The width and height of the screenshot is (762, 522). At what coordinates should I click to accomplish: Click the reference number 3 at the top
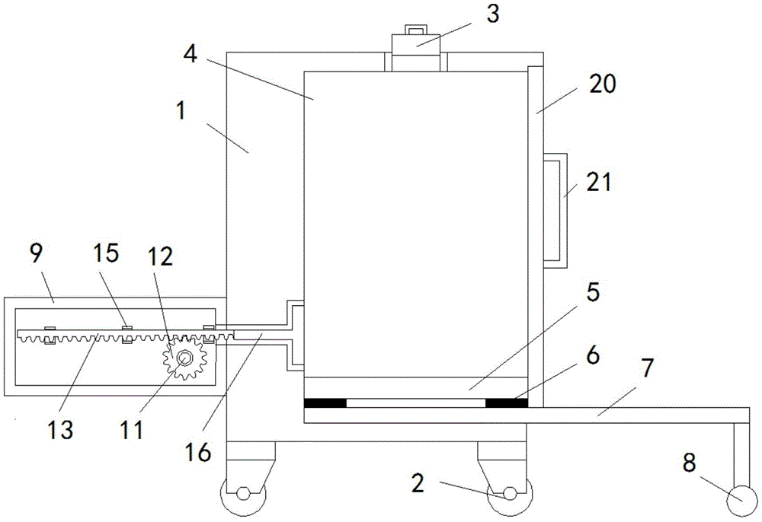coord(493,14)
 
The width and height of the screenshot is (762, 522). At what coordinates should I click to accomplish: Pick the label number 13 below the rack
coord(60,430)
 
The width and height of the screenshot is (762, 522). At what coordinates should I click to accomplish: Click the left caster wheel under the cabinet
coord(242,495)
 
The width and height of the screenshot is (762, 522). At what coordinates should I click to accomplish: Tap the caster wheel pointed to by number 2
coord(504,495)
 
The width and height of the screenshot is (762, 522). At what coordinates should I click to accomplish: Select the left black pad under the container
coord(324,403)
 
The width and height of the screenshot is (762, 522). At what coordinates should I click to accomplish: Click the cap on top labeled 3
coord(416,49)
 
